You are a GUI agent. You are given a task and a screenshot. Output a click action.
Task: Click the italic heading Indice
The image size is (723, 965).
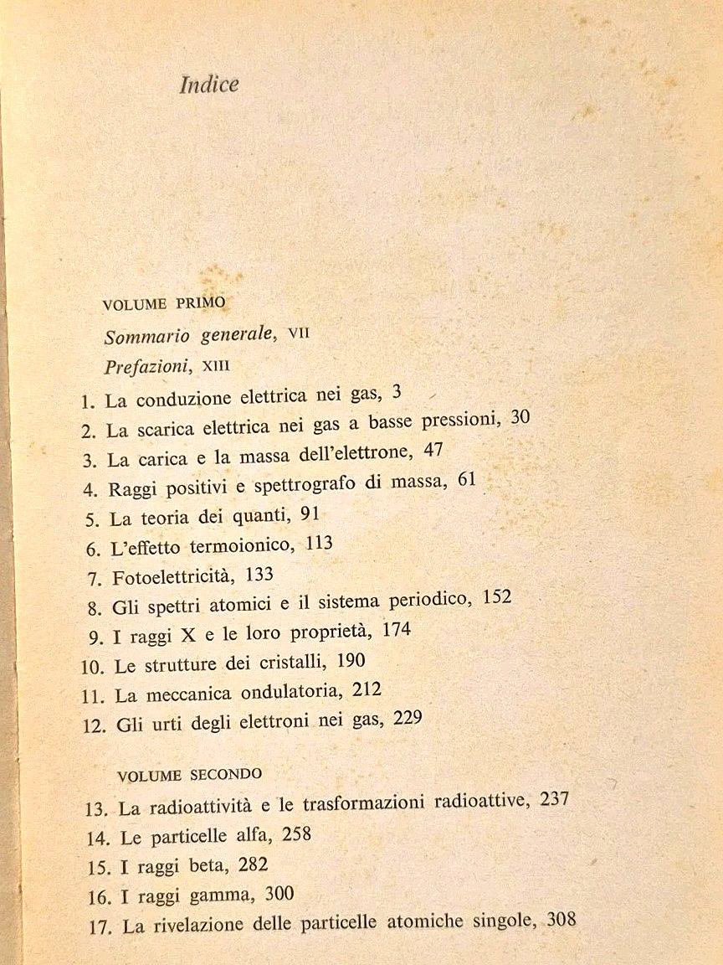click(209, 85)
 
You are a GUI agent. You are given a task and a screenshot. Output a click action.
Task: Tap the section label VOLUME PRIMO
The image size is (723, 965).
click(163, 304)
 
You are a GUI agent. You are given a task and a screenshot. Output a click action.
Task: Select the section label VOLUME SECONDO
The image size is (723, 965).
click(189, 775)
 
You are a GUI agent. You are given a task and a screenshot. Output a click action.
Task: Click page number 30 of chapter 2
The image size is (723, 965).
click(520, 418)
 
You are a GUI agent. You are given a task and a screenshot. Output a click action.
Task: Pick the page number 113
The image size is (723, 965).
click(320, 544)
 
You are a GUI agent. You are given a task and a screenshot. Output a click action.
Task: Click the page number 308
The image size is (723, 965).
click(560, 920)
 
